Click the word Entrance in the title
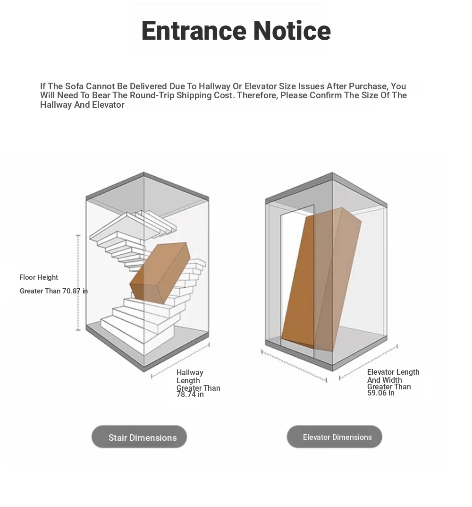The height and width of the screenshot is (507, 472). (194, 30)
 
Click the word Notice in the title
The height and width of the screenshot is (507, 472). (292, 30)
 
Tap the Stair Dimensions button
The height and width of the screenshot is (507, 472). (139, 437)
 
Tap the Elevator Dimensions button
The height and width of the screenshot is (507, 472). (334, 437)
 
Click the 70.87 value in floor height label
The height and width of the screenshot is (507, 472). (71, 291)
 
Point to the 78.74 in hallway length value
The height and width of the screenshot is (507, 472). (190, 395)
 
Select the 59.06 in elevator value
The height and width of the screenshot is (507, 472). (381, 393)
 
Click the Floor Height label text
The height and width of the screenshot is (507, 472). (39, 277)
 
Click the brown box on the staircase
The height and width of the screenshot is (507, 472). (160, 273)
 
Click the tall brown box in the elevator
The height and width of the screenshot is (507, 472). (321, 280)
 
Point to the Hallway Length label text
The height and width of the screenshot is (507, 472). (190, 377)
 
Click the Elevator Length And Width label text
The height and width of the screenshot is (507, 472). (393, 376)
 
